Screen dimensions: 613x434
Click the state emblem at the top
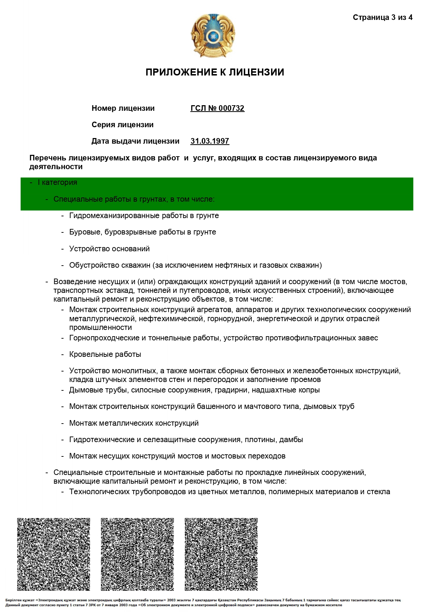tap(213, 36)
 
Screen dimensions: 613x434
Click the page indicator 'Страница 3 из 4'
tap(382, 17)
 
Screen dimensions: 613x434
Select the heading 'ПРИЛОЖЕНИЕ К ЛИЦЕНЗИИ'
tap(215, 72)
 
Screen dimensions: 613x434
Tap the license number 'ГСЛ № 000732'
tap(217, 108)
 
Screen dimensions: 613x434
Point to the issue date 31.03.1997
tap(209, 141)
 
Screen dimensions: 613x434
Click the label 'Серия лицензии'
tap(122, 125)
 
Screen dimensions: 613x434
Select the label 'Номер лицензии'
tap(123, 108)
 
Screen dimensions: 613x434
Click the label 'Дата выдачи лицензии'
tap(135, 141)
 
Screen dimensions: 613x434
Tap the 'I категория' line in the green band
tap(57, 182)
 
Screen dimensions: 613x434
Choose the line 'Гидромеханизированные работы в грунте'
tap(144, 216)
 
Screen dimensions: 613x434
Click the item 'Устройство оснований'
tap(109, 249)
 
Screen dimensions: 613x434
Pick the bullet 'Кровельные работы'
tap(105, 354)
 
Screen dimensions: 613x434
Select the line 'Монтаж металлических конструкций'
tap(134, 423)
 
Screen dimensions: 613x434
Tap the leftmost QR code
tap(53, 554)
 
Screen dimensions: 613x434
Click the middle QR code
tap(137, 554)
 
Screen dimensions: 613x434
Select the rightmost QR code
tap(221, 554)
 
